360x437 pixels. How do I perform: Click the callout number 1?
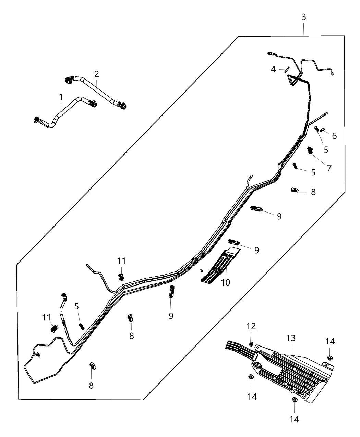[61, 97]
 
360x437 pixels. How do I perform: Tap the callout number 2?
[97, 74]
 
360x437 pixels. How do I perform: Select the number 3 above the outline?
[304, 17]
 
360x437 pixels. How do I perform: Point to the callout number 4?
[273, 69]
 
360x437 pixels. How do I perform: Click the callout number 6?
[334, 136]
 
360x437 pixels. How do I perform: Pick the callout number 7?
[329, 168]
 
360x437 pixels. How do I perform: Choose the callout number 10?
[226, 282]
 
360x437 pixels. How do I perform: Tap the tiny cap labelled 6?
[322, 130]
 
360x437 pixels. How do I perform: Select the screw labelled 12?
[251, 343]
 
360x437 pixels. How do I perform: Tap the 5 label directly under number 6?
[326, 150]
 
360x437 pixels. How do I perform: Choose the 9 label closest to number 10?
[256, 250]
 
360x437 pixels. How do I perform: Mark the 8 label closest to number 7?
[313, 192]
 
